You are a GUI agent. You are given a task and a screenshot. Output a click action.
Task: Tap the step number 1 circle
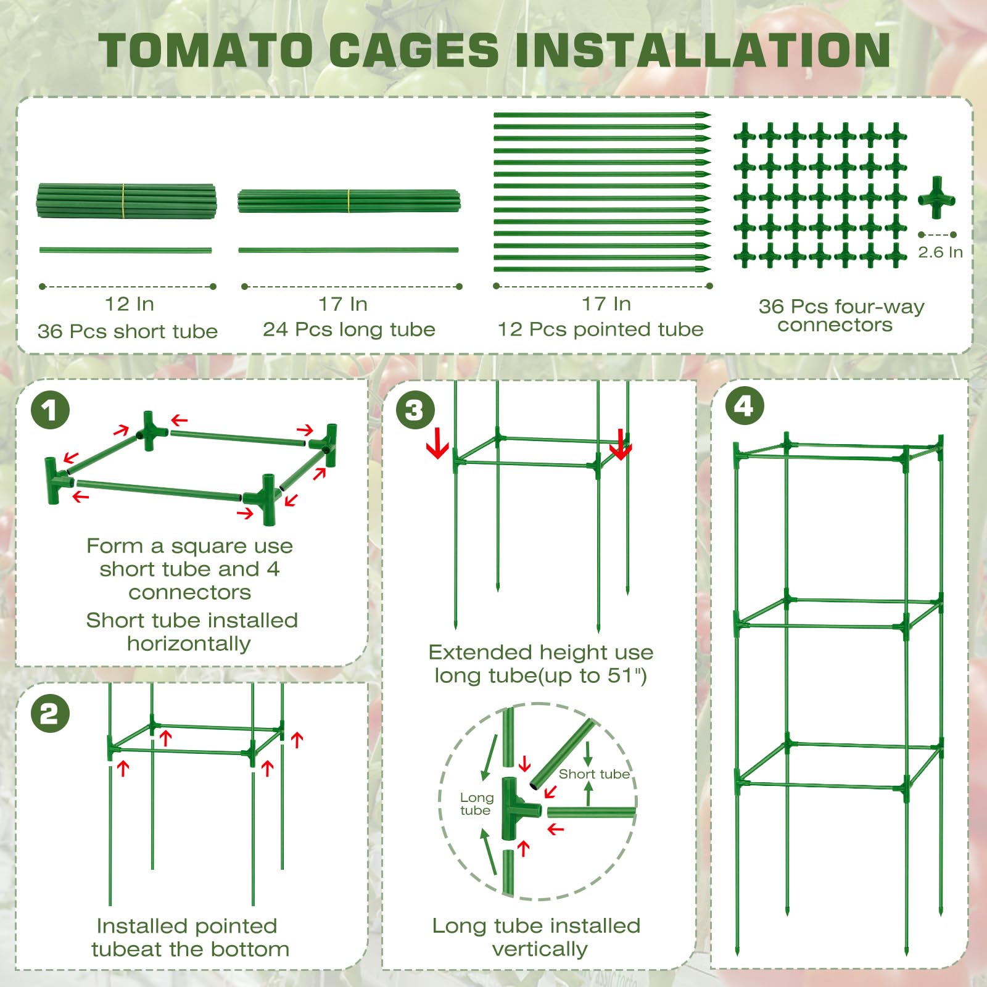50,410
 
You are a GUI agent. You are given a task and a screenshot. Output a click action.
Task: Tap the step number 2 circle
50,714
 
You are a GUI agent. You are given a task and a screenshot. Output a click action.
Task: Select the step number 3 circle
415,410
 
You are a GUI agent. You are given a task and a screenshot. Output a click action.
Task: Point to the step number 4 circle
743,407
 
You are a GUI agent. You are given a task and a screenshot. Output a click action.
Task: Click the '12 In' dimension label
129,304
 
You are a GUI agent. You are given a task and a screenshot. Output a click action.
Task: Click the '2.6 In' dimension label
940,252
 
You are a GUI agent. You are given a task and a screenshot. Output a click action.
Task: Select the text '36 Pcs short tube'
128,331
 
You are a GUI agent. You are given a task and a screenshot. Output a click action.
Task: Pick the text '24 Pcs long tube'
349,329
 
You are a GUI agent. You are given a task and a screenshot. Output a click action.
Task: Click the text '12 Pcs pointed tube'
600,329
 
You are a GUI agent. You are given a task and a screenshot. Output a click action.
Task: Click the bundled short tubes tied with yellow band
126,200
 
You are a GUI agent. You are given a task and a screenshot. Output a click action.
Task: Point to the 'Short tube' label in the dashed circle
594,774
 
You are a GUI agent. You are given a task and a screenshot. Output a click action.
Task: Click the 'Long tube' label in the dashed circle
476,804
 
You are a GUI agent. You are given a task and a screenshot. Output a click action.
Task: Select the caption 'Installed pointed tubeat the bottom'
190,937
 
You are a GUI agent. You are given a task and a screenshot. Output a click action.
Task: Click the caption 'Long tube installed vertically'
537,937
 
